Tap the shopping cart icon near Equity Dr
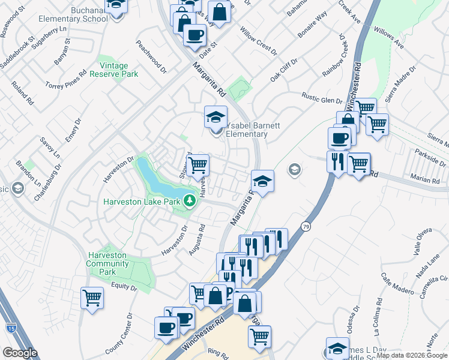click(92, 297)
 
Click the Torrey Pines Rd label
click(66, 81)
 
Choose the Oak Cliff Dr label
click(283, 70)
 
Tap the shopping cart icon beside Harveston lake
click(197, 165)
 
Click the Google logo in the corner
click(20, 353)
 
